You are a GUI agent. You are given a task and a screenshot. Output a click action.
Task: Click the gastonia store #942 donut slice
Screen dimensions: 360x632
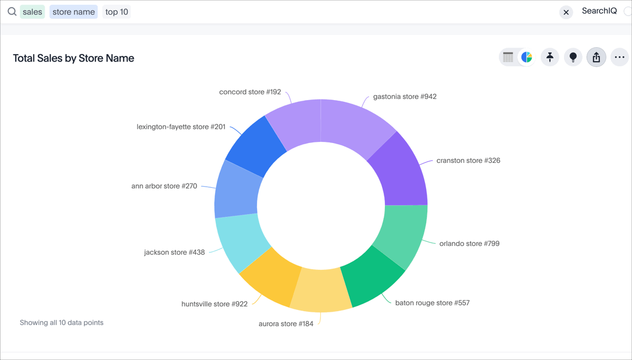[355, 124]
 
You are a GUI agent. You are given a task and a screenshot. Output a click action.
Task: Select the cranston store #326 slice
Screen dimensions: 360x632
[401, 172]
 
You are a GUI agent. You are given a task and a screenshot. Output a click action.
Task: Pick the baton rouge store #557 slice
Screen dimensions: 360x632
[372, 278]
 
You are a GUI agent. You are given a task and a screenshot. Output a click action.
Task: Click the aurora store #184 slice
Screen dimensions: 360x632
[322, 290]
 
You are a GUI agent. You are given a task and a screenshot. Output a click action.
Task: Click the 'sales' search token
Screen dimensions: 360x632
[33, 12]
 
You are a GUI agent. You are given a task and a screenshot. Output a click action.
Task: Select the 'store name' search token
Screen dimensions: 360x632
[73, 12]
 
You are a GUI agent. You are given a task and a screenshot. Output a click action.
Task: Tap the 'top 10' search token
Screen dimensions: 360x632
[117, 12]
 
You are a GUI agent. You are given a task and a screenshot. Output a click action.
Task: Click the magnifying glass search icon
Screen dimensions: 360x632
[12, 12]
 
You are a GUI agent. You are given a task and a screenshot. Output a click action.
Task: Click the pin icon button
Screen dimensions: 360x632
[549, 57]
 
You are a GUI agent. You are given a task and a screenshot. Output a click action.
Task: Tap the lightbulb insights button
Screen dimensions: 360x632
[573, 57]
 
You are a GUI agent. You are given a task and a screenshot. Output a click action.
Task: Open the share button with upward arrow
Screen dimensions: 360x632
[596, 57]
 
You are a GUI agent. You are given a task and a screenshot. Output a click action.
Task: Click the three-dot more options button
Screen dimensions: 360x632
[619, 57]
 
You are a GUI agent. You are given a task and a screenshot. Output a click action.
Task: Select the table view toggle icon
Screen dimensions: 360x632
[508, 57]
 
